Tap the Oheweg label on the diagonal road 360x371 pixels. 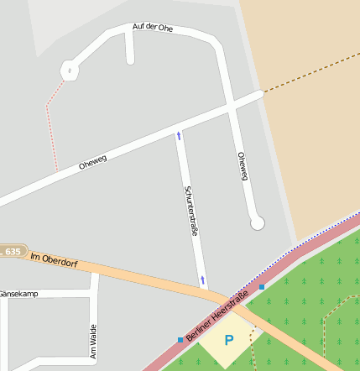pyautogui.click(x=94, y=159)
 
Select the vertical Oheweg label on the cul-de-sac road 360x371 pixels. pyautogui.click(x=243, y=166)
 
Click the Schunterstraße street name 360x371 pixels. pyautogui.click(x=190, y=211)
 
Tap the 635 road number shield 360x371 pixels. pyautogui.click(x=12, y=251)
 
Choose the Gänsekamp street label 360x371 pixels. pyautogui.click(x=18, y=294)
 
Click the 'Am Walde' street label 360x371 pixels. pyautogui.click(x=92, y=342)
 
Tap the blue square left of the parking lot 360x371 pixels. pyautogui.click(x=180, y=339)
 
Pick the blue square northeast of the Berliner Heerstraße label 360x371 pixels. pyautogui.click(x=261, y=287)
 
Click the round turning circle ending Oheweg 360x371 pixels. pyautogui.click(x=257, y=222)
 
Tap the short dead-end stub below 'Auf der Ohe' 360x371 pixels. pyautogui.click(x=129, y=50)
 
